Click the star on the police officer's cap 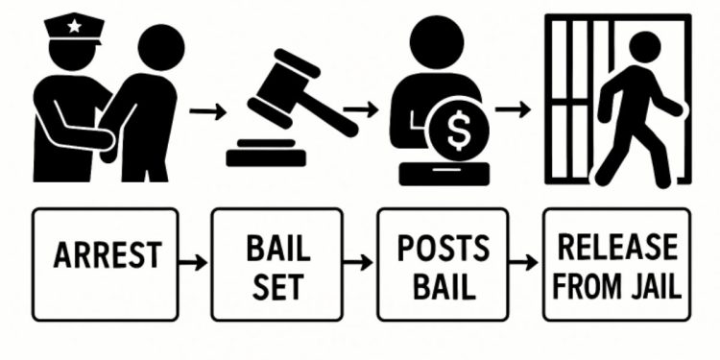pos(74,26)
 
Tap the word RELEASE pos(616,248)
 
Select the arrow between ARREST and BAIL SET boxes pos(194,261)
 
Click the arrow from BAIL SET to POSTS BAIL pos(359,261)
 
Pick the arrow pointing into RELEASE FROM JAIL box pos(524,261)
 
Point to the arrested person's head pos(159,47)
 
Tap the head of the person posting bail pos(437,44)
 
